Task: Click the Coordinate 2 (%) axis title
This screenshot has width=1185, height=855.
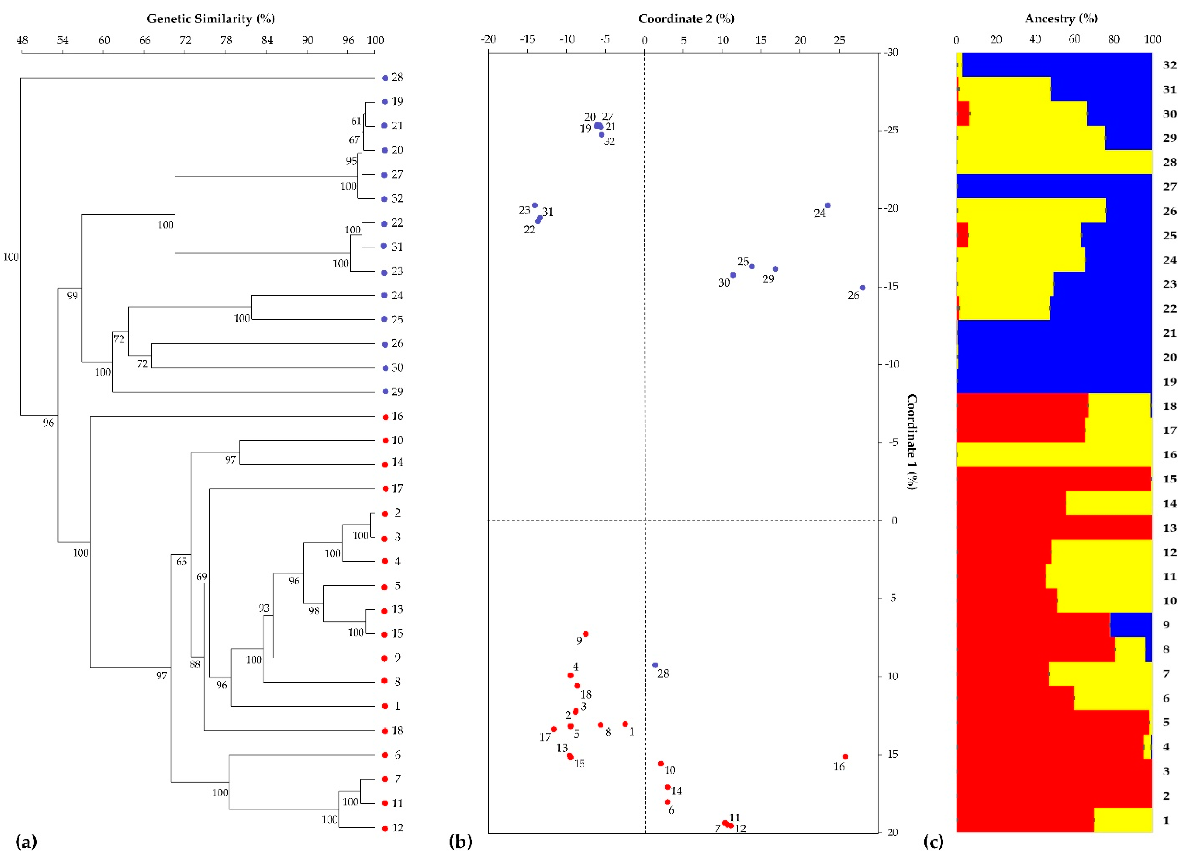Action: coord(686,19)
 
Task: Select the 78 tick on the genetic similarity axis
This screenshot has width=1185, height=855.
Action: coord(226,40)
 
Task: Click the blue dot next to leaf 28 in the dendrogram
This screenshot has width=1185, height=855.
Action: coord(385,78)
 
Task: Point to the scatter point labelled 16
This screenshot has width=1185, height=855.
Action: coord(845,756)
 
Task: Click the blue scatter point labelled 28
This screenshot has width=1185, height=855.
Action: coord(655,665)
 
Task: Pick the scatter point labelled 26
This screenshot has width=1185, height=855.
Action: coord(863,288)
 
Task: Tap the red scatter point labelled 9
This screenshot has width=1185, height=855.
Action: coord(586,633)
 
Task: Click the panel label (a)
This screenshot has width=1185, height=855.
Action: coord(26,842)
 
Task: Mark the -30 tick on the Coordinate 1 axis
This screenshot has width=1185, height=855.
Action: coord(891,52)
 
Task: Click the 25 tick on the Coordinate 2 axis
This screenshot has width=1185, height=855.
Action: coord(839,40)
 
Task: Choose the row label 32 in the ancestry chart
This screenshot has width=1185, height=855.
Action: coord(1169,65)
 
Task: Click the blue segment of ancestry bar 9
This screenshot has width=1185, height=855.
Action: coord(1131,624)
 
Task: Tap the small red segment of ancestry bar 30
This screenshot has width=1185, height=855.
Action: coord(962,113)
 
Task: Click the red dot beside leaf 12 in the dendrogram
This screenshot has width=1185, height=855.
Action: coord(385,828)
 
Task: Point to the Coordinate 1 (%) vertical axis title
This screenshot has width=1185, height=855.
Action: coord(911,441)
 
